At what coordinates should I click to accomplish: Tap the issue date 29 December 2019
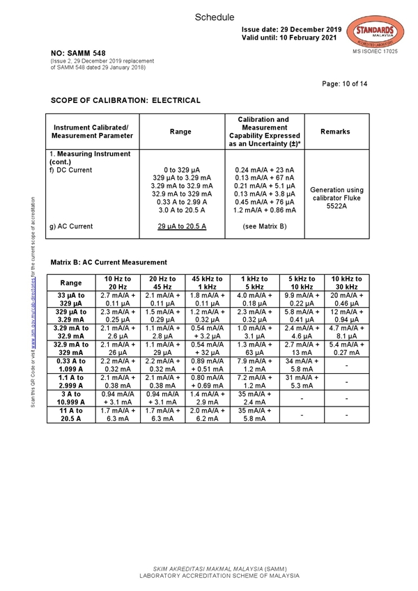pos(292,29)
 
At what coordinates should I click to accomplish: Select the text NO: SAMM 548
pos(78,54)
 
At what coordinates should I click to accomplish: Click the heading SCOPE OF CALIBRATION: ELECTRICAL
pos(125,100)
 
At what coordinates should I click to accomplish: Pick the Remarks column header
pos(336,132)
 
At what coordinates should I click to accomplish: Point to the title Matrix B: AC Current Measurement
pos(109,262)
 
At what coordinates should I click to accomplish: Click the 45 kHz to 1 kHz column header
pos(206,283)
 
